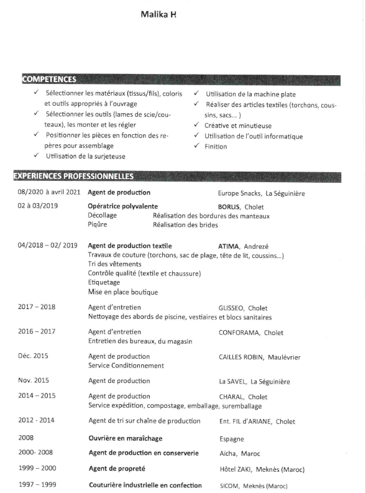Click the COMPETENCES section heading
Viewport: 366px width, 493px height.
tap(49, 80)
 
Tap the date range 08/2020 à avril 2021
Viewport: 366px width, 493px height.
tap(48, 193)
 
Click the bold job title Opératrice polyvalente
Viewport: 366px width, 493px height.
tap(123, 206)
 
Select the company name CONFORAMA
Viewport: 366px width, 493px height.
tap(239, 333)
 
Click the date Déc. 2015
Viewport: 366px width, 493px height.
tap(34, 357)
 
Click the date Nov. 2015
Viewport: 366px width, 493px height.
tap(34, 381)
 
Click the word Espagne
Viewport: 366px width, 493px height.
tap(231, 439)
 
